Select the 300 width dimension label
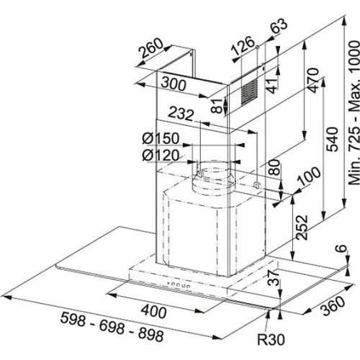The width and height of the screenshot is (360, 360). pyautogui.click(x=174, y=84)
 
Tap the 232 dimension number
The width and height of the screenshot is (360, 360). pyautogui.click(x=181, y=114)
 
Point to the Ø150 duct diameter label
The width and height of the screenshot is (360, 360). pyautogui.click(x=161, y=138)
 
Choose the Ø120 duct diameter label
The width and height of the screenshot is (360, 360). pyautogui.click(x=161, y=156)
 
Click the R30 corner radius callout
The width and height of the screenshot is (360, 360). pyautogui.click(x=271, y=339)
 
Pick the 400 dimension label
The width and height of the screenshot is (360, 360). pyautogui.click(x=153, y=311)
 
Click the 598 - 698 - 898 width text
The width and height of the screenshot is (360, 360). pyautogui.click(x=112, y=326)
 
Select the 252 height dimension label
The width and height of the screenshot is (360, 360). pyautogui.click(x=302, y=227)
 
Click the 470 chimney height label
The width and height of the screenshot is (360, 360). pyautogui.click(x=312, y=81)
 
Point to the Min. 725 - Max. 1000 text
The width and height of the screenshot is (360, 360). pyautogui.click(x=354, y=112)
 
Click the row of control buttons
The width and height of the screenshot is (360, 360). pyautogui.click(x=179, y=284)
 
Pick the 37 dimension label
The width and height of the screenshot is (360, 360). pyautogui.click(x=274, y=277)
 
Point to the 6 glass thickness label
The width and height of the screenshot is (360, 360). pyautogui.click(x=344, y=248)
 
